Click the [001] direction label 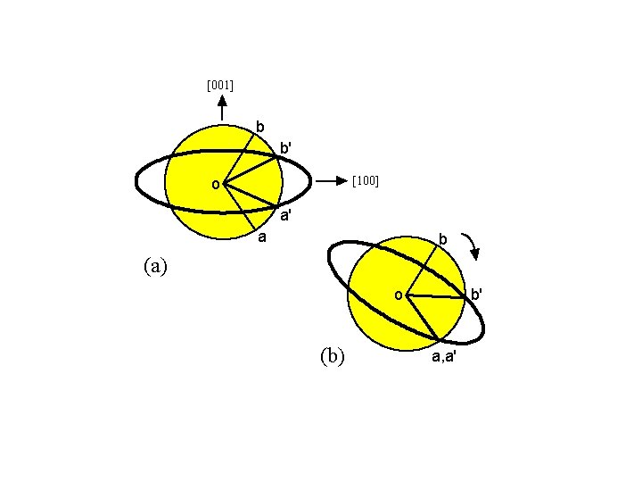219,86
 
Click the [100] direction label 366,181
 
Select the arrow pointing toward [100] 330,181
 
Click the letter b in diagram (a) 259,127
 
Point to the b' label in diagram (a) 284,146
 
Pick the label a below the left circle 261,237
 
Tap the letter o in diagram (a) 215,185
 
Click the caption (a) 153,265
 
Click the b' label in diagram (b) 477,294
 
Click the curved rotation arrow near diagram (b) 474,245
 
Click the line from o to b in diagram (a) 237,155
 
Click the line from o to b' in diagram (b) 437,296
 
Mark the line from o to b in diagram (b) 422,268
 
